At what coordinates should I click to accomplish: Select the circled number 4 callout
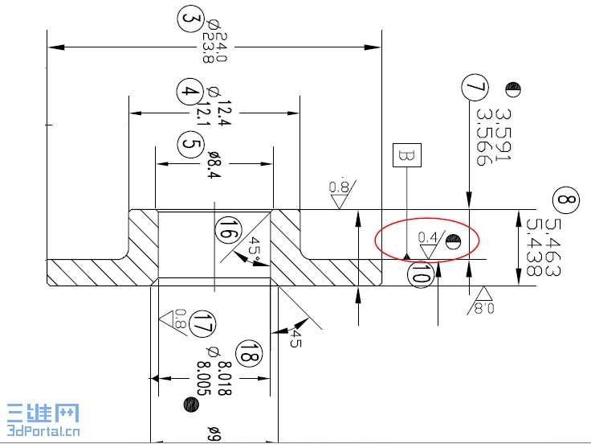point(189,92)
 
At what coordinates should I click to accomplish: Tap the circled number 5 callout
point(190,145)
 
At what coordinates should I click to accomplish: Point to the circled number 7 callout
point(475,86)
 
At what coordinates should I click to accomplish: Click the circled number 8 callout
point(566,199)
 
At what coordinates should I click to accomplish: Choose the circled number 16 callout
point(226,230)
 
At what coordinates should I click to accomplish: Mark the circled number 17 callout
point(204,325)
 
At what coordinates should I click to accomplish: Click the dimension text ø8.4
point(214,163)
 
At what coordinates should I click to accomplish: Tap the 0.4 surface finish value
point(428,237)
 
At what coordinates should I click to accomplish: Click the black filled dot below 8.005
point(190,404)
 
